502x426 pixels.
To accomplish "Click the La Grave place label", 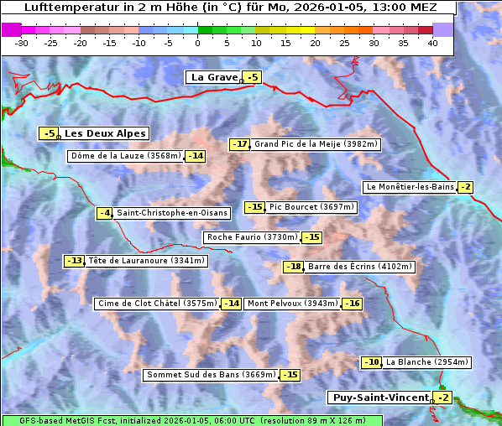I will (214, 77).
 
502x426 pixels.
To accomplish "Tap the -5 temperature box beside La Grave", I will (252, 78).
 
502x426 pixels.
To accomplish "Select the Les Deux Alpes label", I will (106, 133).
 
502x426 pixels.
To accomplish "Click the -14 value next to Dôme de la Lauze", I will (196, 156).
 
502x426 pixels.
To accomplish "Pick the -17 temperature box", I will (240, 144).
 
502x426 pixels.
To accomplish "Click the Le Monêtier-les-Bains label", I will (409, 187).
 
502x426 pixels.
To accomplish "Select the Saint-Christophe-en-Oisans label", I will (171, 213).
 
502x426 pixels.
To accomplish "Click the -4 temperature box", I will (105, 213).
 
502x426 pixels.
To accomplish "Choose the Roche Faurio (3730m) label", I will (253, 237).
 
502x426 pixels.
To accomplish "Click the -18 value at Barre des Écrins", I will (293, 267).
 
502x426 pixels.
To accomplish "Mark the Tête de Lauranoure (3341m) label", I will (146, 261).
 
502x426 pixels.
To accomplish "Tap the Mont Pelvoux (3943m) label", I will (292, 304).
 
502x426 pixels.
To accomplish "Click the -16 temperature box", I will (351, 304).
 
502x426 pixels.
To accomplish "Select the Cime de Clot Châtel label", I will (157, 304).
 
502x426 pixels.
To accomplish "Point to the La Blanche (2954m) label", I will (426, 362).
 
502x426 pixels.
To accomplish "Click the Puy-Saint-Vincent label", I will (379, 397).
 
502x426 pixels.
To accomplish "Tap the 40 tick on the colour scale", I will (432, 43).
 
